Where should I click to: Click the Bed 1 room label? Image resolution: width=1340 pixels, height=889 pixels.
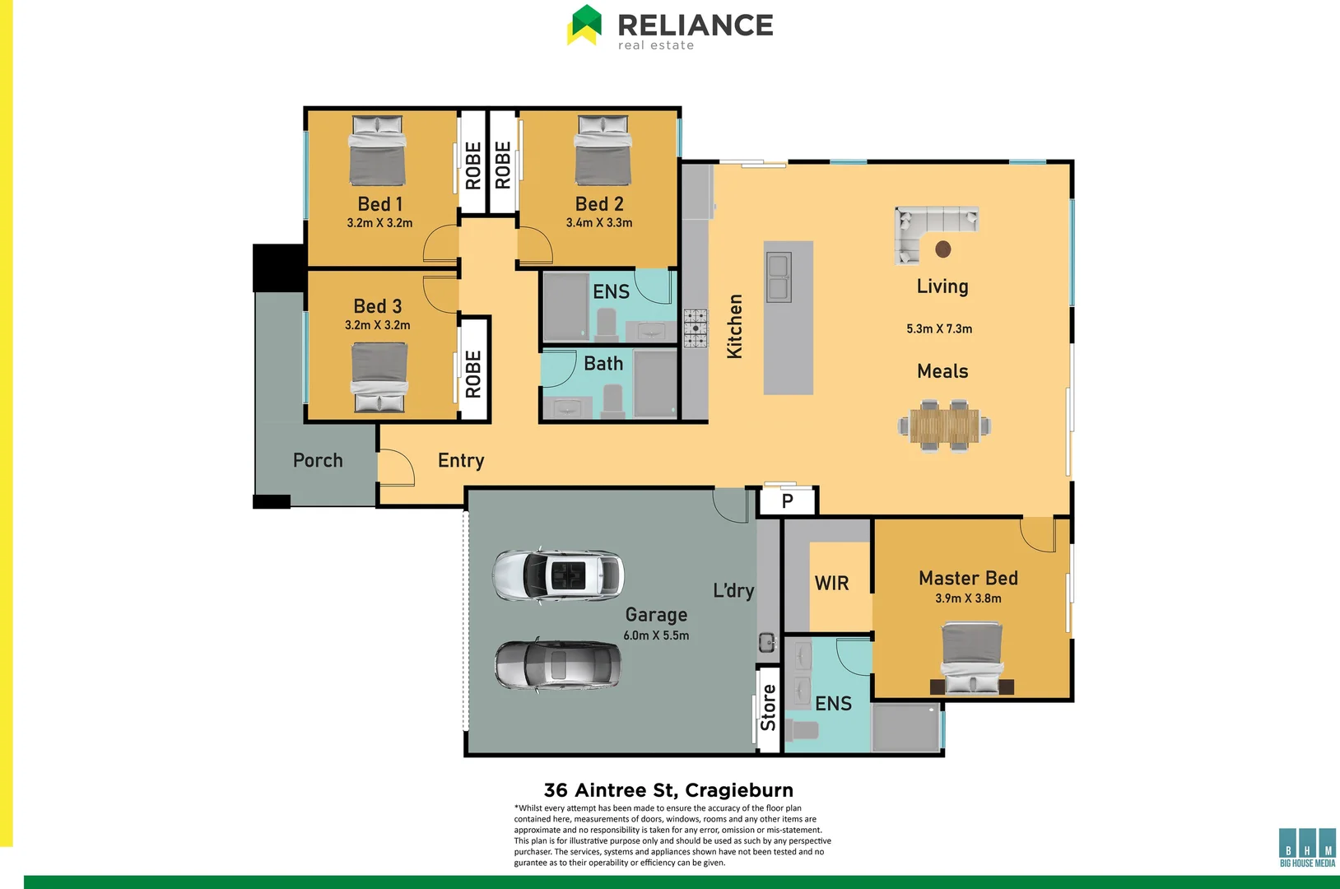[x=379, y=204]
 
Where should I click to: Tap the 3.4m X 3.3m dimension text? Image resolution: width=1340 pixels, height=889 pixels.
[x=599, y=223]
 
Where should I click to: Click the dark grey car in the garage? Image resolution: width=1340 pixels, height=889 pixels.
[x=558, y=665]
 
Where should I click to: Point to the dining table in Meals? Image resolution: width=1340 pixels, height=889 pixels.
[x=944, y=426]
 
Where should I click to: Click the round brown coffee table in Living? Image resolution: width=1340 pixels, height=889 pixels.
[x=943, y=249]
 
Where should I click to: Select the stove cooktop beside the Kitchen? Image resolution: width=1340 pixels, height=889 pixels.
[x=696, y=328]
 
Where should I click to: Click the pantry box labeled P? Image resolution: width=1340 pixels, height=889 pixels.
[x=787, y=501]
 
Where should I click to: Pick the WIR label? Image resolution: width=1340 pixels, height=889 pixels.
[x=831, y=584]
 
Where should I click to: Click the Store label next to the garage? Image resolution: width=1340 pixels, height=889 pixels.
[x=768, y=708]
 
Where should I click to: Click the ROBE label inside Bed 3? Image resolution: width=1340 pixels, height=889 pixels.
[x=473, y=375]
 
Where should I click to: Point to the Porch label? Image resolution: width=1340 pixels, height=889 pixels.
[x=318, y=461]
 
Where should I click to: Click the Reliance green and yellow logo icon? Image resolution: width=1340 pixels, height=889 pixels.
[x=584, y=25]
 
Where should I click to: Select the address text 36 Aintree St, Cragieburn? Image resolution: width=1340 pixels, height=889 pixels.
[x=668, y=790]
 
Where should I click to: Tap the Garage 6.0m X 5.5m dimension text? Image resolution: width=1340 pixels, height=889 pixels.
[x=656, y=635]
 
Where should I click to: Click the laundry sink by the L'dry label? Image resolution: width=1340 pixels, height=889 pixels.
[x=767, y=642]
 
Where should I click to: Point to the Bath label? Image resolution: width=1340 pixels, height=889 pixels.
[x=603, y=364]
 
